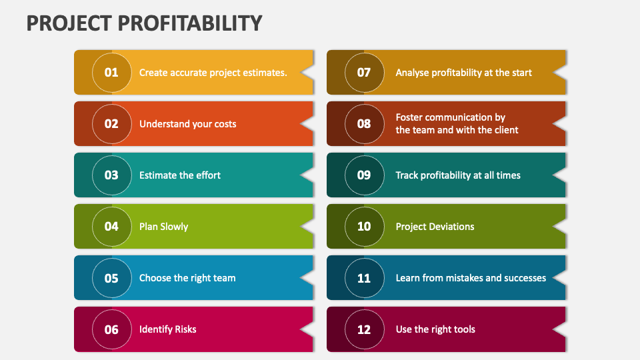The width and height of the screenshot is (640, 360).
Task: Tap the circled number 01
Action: (x=111, y=72)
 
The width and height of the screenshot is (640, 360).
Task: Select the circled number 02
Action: (x=111, y=123)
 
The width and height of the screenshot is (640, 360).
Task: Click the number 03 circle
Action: (x=111, y=175)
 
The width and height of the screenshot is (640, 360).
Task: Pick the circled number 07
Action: (x=364, y=72)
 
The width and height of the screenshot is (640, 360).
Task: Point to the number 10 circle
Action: (x=364, y=226)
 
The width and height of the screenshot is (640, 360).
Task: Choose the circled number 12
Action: (x=364, y=329)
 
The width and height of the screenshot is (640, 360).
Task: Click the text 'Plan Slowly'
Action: (x=163, y=227)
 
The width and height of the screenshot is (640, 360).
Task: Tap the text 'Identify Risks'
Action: (x=167, y=329)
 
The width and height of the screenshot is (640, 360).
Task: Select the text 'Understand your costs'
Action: (x=187, y=124)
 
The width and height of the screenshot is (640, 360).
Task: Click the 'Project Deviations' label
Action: (x=435, y=227)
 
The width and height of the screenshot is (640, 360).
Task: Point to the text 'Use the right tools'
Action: (x=435, y=329)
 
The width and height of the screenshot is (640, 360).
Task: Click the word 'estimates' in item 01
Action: (x=264, y=73)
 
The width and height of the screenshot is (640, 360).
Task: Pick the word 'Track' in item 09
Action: (x=408, y=175)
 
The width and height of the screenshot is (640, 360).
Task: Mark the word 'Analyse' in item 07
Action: (x=413, y=73)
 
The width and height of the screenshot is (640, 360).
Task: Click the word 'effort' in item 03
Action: (x=208, y=175)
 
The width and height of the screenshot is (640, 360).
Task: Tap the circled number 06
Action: (x=111, y=329)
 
